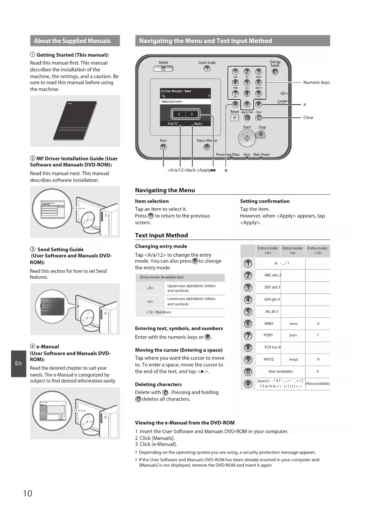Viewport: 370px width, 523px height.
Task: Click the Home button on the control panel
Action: pyautogui.click(x=163, y=69)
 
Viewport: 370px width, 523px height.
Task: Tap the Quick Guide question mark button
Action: pyautogui.click(x=207, y=69)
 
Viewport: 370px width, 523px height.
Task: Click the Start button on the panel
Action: pyautogui.click(x=247, y=138)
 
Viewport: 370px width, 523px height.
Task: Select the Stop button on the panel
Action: pyautogui.click(x=261, y=134)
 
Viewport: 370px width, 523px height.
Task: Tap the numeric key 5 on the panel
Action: pyautogui.click(x=247, y=82)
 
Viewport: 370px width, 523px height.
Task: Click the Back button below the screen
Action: pyautogui.click(x=163, y=147)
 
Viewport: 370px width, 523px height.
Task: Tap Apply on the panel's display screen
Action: pyautogui.click(x=198, y=123)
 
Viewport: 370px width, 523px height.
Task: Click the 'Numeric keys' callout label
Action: pyautogui.click(x=316, y=83)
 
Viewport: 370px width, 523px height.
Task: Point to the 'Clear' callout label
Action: pyautogui.click(x=308, y=117)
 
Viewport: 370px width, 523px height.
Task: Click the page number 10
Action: pyautogui.click(x=27, y=493)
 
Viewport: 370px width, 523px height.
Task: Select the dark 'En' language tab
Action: pyautogui.click(x=18, y=363)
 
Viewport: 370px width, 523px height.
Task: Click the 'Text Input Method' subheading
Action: pyautogui.click(x=161, y=235)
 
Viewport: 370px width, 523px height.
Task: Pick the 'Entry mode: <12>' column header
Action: pyautogui.click(x=318, y=250)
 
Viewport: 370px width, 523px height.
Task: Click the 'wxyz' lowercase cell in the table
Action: pyautogui.click(x=293, y=360)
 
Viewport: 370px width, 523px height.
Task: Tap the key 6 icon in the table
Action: pyautogui.click(x=248, y=324)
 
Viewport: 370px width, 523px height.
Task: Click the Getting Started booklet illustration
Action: pyautogui.click(x=75, y=121)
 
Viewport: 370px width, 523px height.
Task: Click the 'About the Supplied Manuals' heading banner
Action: pyautogui.click(x=75, y=41)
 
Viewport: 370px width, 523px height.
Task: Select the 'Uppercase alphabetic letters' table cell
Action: pyautogui.click(x=191, y=288)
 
